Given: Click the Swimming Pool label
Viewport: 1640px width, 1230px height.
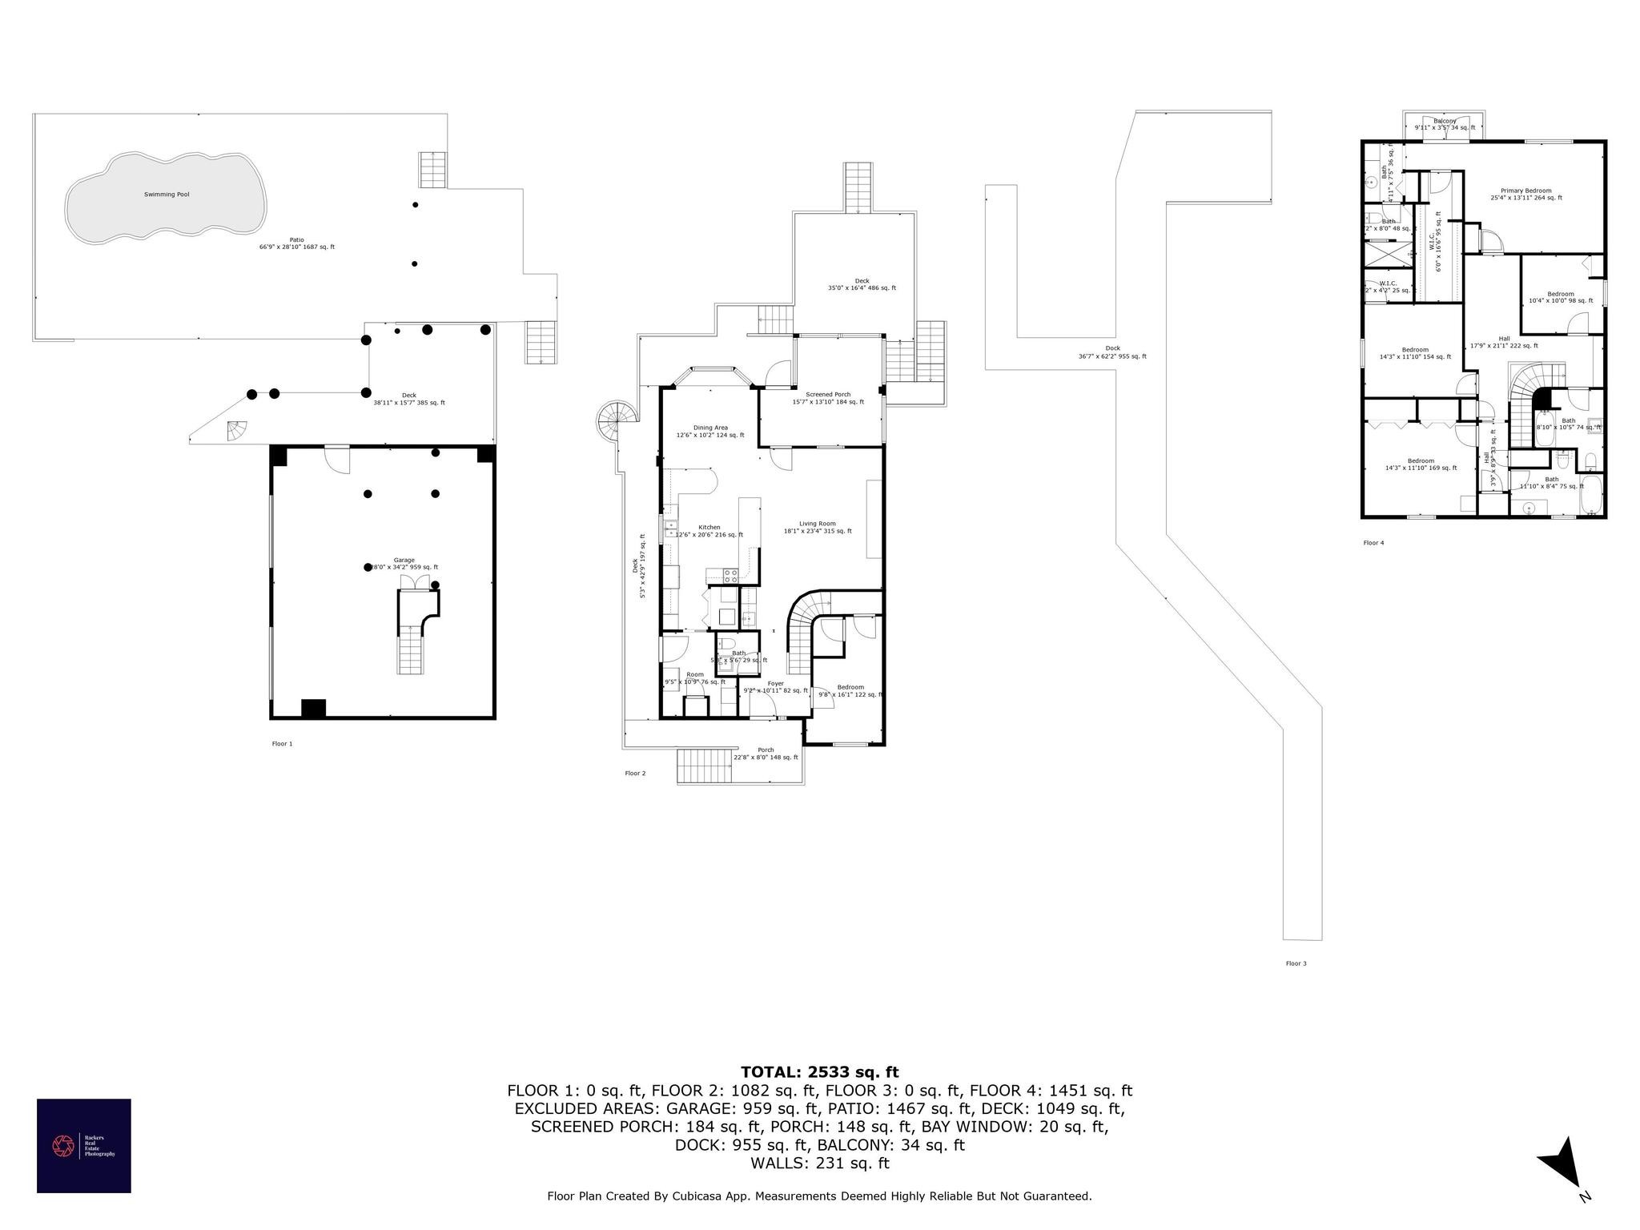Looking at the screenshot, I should (x=167, y=195).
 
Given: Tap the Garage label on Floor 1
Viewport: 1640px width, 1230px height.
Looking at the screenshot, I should (x=404, y=561).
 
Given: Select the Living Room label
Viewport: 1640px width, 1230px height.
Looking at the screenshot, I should (x=816, y=524).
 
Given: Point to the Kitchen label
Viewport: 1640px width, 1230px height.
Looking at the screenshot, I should (x=709, y=528).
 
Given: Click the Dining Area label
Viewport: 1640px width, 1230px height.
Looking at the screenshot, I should (x=709, y=428).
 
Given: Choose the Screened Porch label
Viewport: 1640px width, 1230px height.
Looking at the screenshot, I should (x=828, y=395).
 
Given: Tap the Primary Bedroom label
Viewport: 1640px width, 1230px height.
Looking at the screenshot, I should (x=1525, y=191).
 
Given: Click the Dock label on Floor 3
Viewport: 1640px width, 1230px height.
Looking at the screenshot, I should (x=1112, y=348).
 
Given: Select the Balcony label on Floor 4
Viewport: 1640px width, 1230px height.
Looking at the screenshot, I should (x=1445, y=122).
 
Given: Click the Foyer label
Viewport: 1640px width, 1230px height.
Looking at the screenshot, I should (x=775, y=684).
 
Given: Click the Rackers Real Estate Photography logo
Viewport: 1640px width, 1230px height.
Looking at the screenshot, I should (x=83, y=1146).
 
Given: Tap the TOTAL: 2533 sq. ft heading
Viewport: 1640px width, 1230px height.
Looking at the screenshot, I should (x=819, y=1072).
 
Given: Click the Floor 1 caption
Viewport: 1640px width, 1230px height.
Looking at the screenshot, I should (x=282, y=744).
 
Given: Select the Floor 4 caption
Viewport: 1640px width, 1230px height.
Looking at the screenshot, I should (x=1373, y=543).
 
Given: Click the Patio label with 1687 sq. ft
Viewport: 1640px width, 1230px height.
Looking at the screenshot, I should (x=296, y=239).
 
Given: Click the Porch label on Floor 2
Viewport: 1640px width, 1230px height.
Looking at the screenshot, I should (x=766, y=750).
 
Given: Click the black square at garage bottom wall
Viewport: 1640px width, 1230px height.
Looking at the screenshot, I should (x=313, y=709).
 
